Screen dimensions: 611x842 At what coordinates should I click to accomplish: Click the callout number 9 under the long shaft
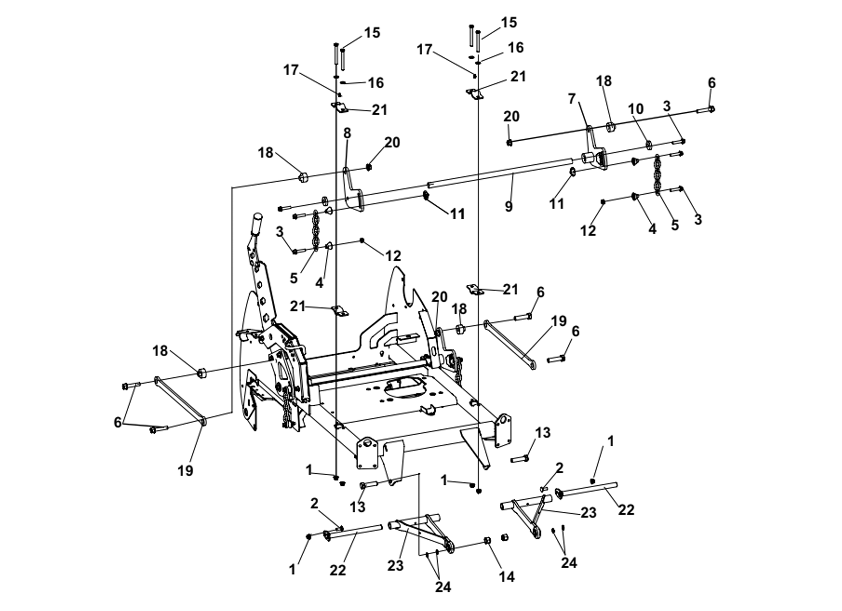tap(508, 206)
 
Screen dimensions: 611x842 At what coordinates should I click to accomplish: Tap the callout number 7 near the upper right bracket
tap(572, 99)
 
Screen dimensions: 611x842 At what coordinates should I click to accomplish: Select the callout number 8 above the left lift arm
tap(347, 133)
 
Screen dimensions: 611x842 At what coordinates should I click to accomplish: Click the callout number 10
tap(635, 109)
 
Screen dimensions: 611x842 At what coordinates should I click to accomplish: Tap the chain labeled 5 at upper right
tap(657, 175)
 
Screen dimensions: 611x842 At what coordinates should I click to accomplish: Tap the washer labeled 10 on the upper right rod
tap(649, 144)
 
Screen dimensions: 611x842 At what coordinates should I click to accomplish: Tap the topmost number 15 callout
tap(509, 22)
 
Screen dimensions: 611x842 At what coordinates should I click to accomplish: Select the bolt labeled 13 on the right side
tap(519, 459)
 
